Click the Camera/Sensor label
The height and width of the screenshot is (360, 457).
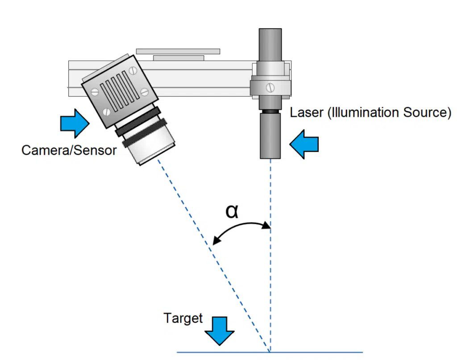coord(69,150)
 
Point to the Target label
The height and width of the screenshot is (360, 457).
coord(183,319)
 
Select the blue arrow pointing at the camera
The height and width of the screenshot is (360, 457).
coord(75,123)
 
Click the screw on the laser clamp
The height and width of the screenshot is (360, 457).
coord(270,87)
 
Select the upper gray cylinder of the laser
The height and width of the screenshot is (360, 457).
coord(270,45)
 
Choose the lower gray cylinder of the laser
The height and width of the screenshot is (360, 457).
coord(270,136)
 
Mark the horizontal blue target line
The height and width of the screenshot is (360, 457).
coord(312,352)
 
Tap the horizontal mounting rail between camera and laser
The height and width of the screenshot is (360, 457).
coord(201,78)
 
